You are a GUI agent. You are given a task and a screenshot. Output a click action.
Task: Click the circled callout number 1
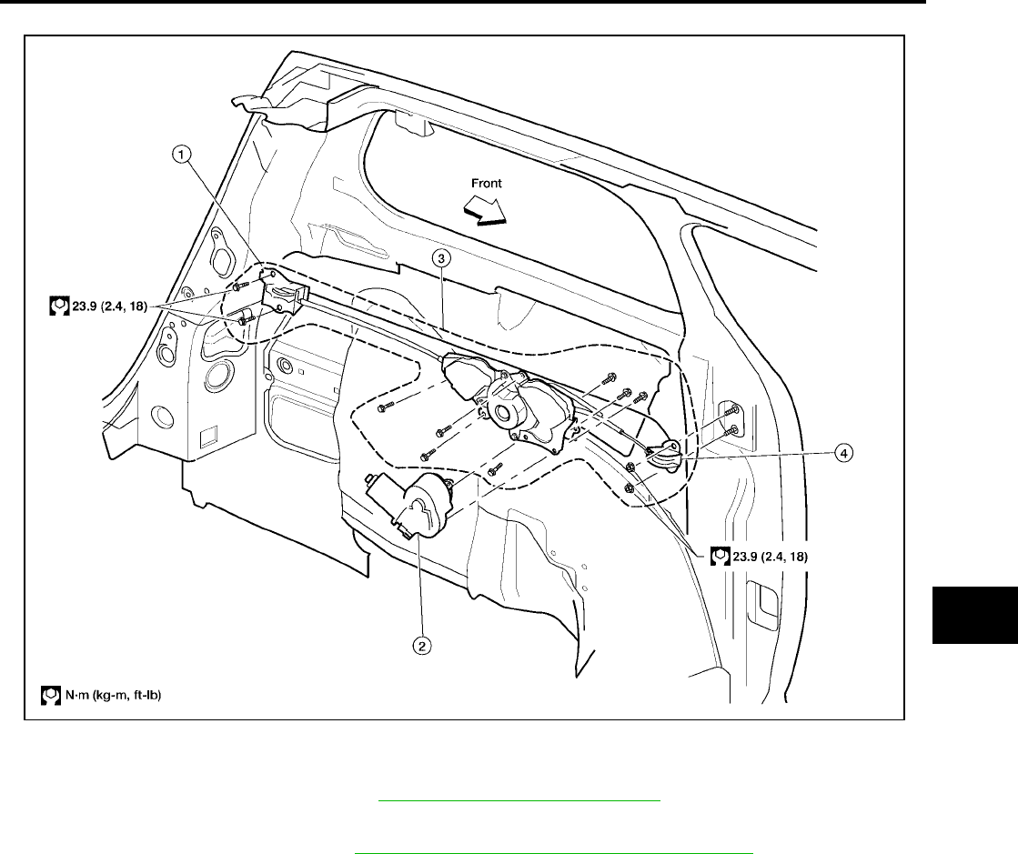[184, 156]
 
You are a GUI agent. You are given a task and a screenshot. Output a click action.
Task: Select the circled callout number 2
[421, 647]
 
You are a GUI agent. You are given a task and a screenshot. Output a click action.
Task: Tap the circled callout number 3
[440, 258]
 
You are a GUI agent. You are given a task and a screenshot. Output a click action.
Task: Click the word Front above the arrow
[486, 183]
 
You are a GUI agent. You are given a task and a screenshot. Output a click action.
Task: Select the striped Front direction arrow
[484, 211]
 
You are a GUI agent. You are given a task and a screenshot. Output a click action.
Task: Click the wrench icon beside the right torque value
[719, 554]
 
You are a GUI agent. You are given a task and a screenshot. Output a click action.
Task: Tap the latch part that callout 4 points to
[668, 455]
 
